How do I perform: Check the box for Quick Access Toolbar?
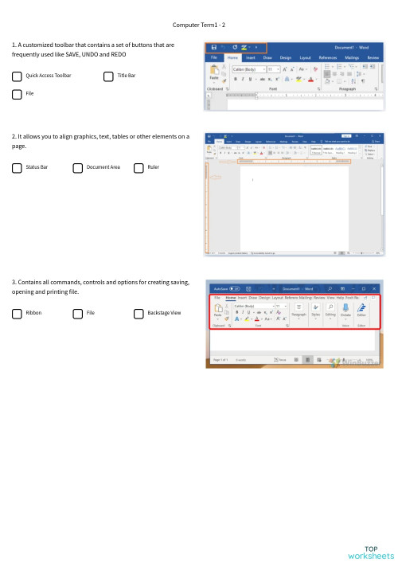click(17, 76)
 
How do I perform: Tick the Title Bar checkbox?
click(108, 76)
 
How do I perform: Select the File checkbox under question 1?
click(17, 94)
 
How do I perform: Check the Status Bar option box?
click(17, 168)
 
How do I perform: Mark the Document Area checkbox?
click(77, 168)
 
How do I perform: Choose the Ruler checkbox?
click(139, 168)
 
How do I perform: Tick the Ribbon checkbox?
click(17, 314)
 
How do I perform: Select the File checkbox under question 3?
click(77, 314)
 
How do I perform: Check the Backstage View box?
click(139, 314)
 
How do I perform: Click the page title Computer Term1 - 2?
click(199, 25)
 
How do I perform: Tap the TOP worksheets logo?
click(370, 551)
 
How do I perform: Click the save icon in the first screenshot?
click(213, 48)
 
